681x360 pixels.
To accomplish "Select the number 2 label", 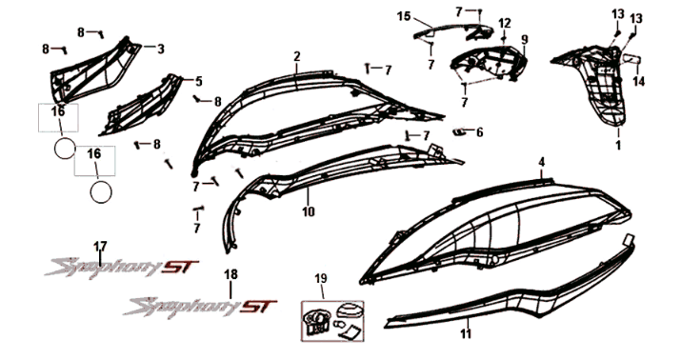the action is (296, 57).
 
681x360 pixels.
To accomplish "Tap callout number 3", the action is (160, 49).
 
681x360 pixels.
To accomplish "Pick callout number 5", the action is (199, 81).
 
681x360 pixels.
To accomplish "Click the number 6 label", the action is (479, 132).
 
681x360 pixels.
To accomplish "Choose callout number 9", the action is (523, 39).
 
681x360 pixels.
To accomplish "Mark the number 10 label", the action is (308, 211).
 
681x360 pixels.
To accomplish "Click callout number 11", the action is (466, 334).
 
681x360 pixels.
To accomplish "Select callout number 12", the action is (504, 23).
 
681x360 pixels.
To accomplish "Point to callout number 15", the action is (403, 16).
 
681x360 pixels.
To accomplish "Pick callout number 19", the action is (321, 278).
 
